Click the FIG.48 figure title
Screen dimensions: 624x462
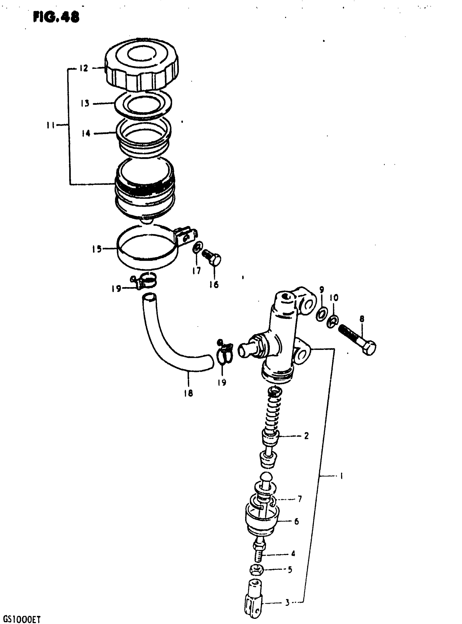coord(56,17)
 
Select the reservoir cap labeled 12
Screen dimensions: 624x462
coord(142,67)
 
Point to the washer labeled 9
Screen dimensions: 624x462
coord(321,314)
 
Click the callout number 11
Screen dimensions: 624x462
coord(51,125)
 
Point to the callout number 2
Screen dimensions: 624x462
coord(306,436)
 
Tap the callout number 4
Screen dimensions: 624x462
coord(293,553)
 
